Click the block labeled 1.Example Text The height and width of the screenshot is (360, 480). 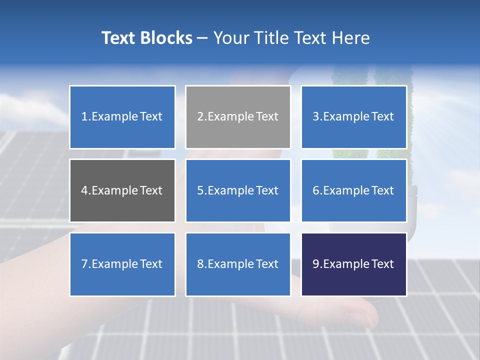coord(122,117)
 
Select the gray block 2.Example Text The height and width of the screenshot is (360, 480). coord(238,117)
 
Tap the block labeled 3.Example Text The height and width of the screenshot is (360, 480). coord(353,117)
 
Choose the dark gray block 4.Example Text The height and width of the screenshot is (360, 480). coord(122,190)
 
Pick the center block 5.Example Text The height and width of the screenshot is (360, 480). coord(238,190)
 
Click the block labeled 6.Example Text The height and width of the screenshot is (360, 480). coord(353,190)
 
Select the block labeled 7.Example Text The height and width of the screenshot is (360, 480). coord(122,264)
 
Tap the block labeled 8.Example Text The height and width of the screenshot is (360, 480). coord(238,264)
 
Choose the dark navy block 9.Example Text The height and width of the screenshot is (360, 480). coord(353,264)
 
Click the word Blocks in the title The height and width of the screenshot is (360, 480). coord(167,38)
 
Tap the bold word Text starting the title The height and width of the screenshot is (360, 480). coord(119,38)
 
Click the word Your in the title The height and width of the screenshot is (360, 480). coord(230,38)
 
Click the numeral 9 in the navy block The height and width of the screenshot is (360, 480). coord(316,264)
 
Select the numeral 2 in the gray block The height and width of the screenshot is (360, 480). coord(200,117)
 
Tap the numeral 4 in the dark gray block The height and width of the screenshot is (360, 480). coord(84,190)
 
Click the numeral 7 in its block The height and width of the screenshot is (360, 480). coord(84,264)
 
